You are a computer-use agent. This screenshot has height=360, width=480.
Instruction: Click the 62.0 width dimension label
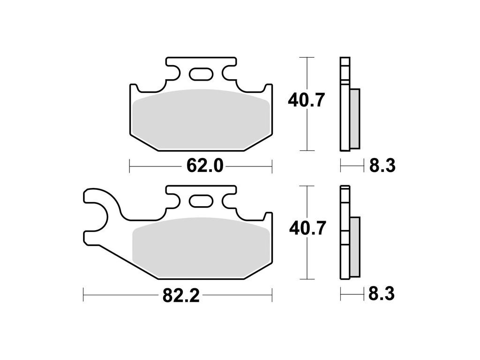point(205,166)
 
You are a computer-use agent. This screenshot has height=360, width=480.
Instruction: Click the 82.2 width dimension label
point(181,296)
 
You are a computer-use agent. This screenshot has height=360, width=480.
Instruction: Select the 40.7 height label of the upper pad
point(306,100)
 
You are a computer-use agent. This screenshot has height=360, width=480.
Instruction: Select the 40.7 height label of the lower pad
point(307,228)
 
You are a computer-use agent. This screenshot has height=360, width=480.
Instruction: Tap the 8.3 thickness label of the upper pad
point(382,165)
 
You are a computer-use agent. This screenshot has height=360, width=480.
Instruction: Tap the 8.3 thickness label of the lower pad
point(382,294)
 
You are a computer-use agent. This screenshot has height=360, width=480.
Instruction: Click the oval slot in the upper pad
point(201,74)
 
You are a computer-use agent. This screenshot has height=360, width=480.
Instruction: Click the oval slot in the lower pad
point(201,202)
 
